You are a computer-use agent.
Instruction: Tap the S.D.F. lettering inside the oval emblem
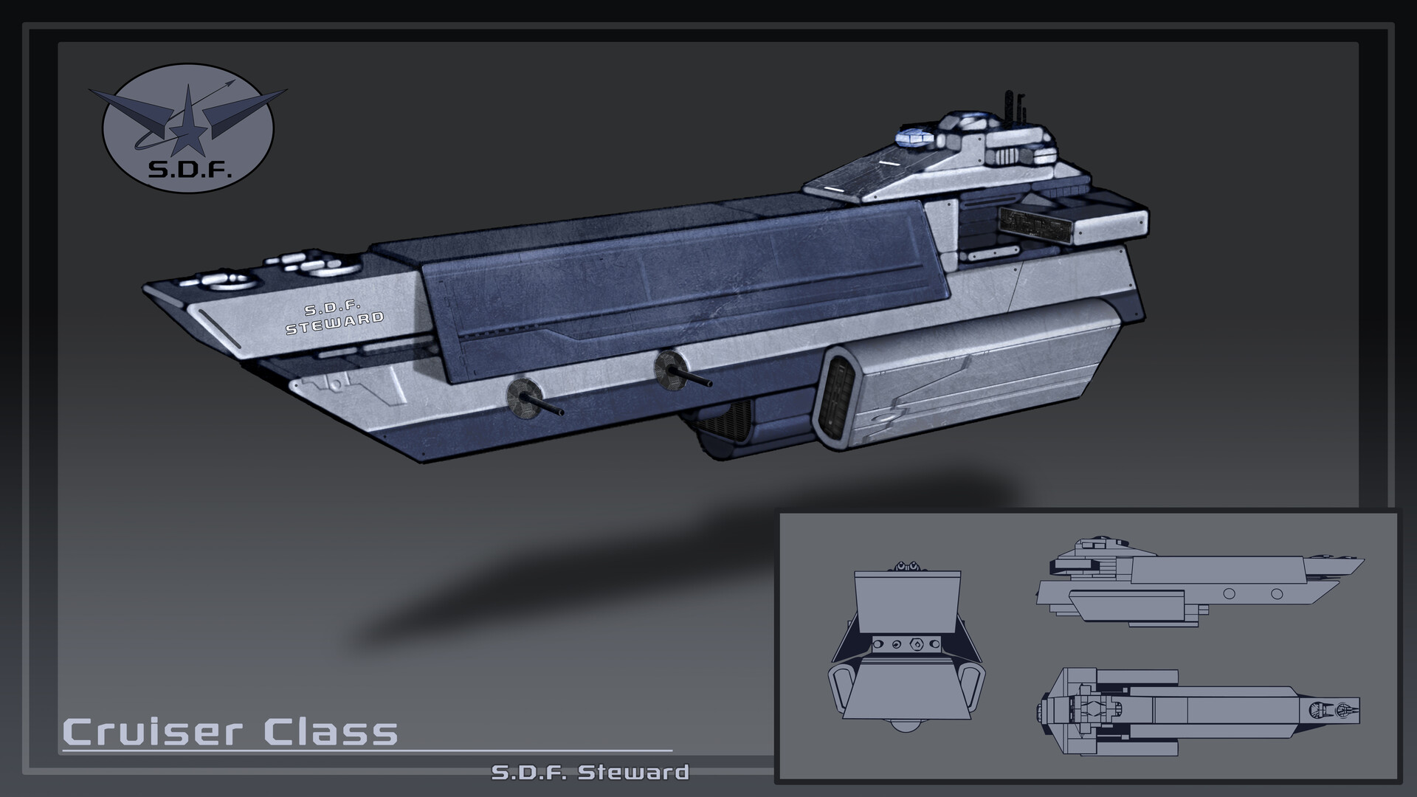pyautogui.click(x=190, y=171)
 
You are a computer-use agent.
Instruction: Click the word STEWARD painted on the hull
pyautogui.click(x=335, y=322)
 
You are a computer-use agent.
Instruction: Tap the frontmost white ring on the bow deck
pyautogui.click(x=229, y=280)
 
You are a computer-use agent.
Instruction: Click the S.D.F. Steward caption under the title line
pyautogui.click(x=590, y=773)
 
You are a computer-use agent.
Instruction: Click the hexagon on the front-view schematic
pyautogui.click(x=916, y=644)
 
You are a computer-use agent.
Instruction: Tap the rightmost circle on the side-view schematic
pyautogui.click(x=1277, y=593)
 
